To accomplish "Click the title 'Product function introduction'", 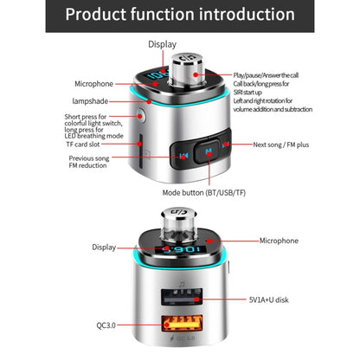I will coord(180,15).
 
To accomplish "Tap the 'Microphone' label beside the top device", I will coord(93,84).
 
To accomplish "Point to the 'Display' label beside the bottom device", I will coord(105,247).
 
